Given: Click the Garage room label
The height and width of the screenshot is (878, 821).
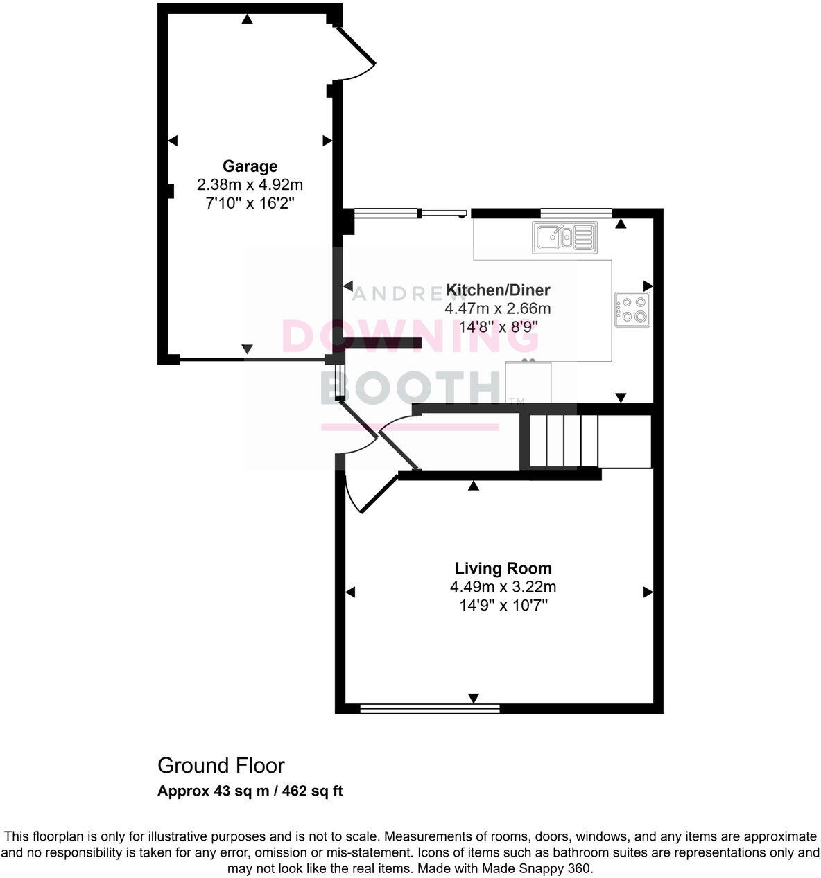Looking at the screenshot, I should [250, 166].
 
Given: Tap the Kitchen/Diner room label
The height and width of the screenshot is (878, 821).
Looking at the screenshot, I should [498, 290].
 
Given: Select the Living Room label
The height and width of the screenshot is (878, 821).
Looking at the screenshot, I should [503, 568].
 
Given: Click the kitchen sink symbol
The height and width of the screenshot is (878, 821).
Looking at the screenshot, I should [564, 237].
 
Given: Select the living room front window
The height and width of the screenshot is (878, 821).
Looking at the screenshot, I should [430, 708].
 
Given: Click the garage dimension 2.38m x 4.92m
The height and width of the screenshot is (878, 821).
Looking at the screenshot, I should [250, 185].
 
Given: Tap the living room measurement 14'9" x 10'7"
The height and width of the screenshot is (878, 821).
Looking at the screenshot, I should [503, 605].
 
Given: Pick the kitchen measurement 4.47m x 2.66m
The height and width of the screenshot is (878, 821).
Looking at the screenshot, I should [498, 308].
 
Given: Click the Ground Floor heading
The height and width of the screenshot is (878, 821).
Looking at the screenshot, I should [221, 766].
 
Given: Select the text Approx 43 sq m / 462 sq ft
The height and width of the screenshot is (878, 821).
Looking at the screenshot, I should [250, 791].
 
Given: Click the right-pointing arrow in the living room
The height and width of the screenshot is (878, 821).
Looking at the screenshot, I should [648, 592].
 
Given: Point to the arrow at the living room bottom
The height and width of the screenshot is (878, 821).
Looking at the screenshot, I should [474, 698].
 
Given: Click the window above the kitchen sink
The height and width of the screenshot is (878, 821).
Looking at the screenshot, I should [575, 213].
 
